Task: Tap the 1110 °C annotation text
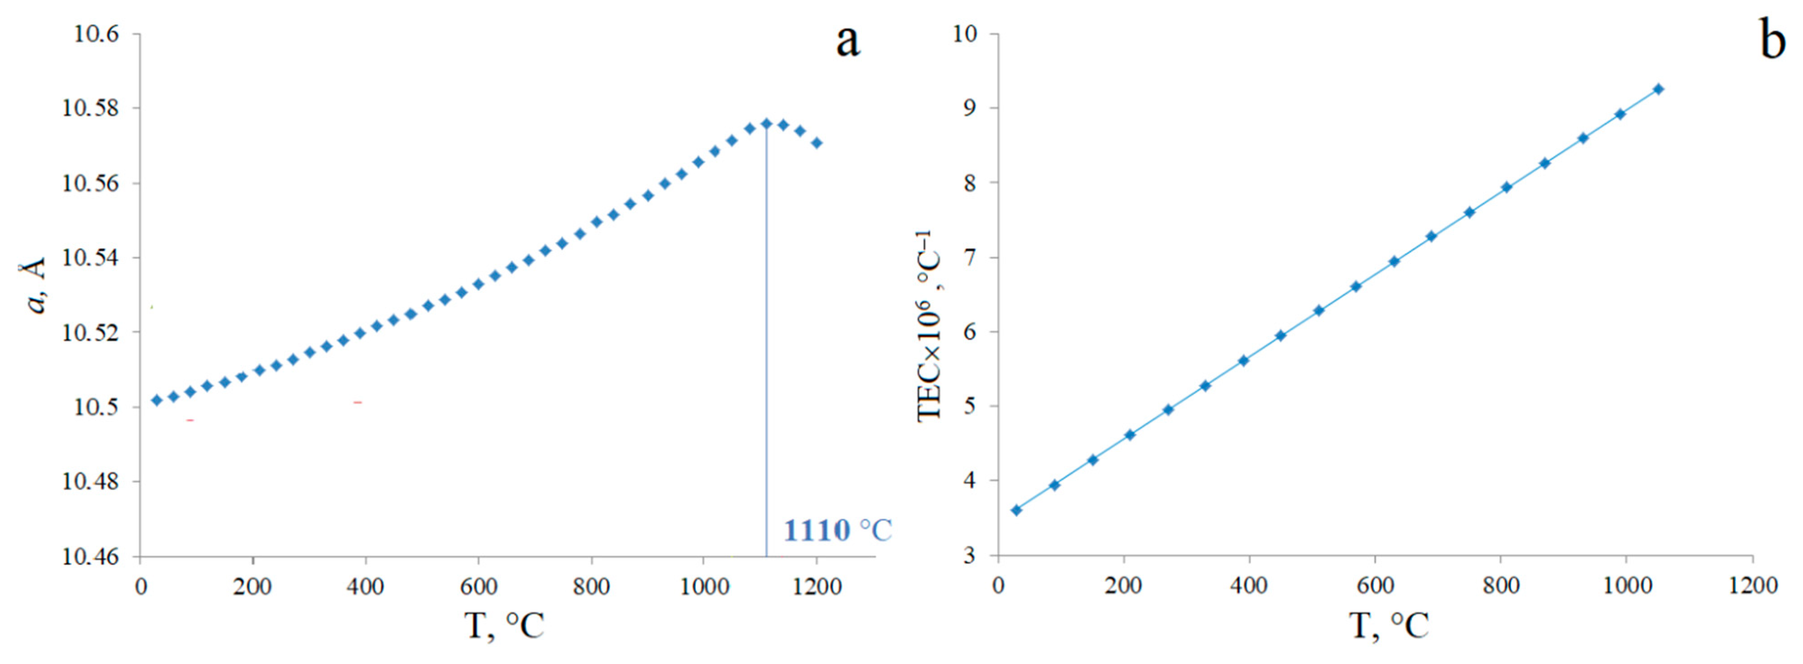pyautogui.click(x=837, y=530)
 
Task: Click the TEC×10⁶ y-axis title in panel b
pyautogui.click(x=930, y=325)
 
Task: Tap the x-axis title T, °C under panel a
pyautogui.click(x=504, y=625)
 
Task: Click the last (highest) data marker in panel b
pyautogui.click(x=1658, y=89)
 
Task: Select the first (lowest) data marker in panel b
pyautogui.click(x=1016, y=510)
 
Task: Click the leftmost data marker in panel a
pyautogui.click(x=157, y=400)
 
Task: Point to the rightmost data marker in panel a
pyautogui.click(x=817, y=143)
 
